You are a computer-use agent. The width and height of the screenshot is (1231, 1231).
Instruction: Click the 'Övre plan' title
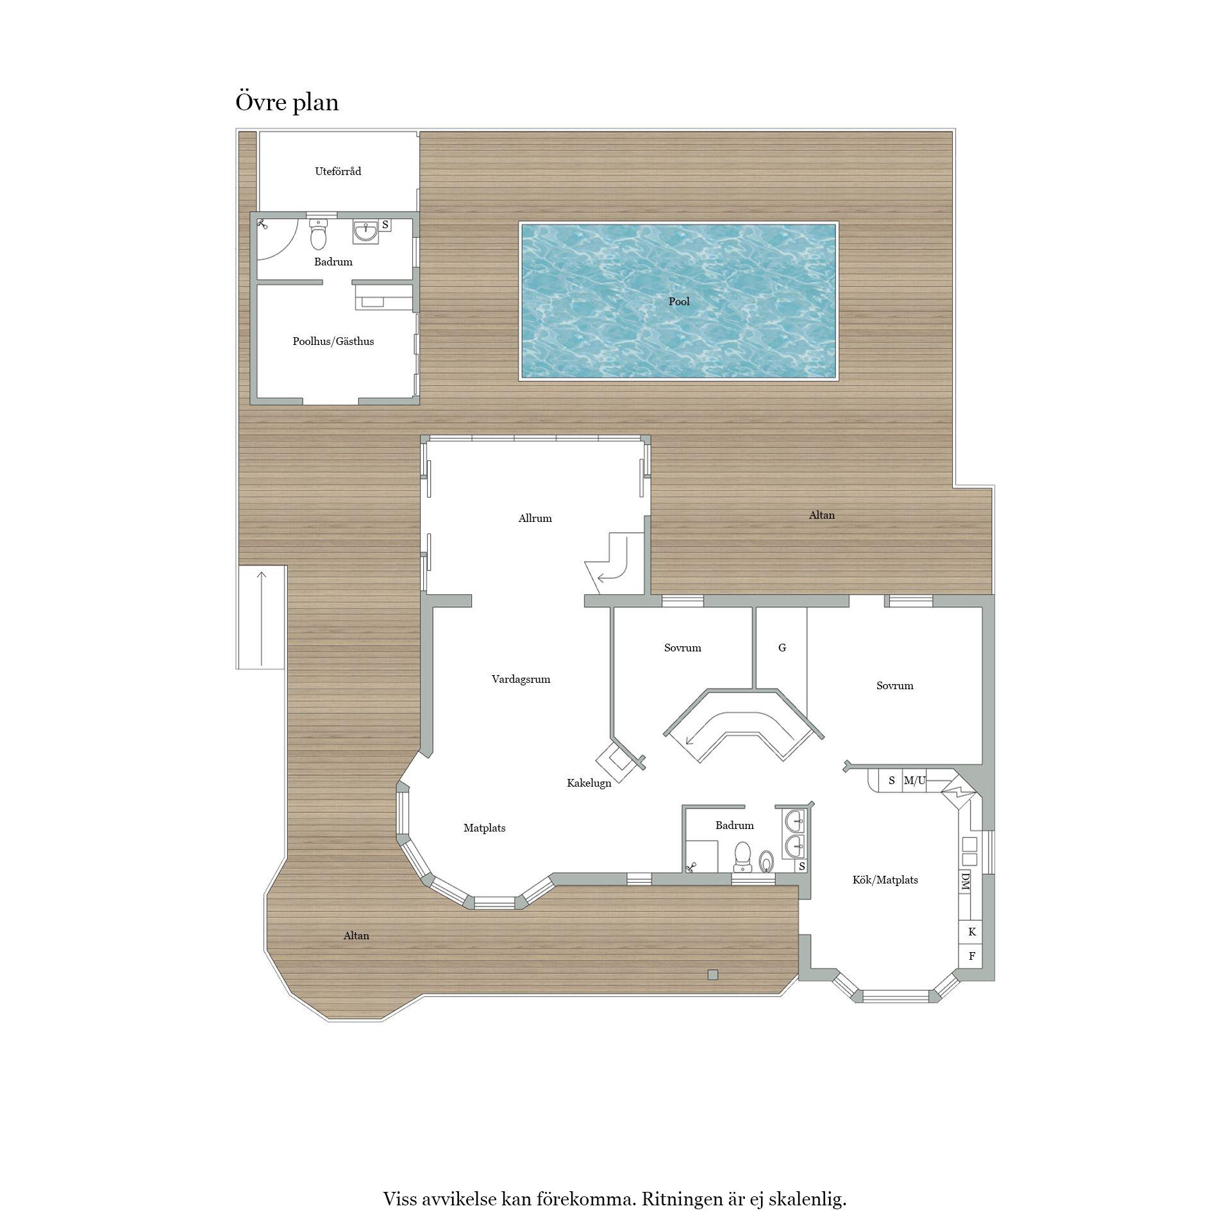click(287, 103)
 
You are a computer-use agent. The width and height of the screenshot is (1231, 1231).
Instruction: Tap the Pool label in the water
click(679, 301)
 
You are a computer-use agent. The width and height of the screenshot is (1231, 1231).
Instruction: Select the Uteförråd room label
click(338, 171)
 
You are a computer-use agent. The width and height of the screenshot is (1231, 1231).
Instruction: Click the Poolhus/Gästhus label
click(333, 342)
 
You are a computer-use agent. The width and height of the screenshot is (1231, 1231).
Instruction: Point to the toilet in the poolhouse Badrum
click(318, 235)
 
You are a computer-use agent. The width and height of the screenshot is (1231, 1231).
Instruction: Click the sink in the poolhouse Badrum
click(365, 231)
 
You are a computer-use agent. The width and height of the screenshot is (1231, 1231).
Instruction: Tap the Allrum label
click(535, 518)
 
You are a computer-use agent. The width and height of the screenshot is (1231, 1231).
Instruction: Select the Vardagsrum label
click(521, 679)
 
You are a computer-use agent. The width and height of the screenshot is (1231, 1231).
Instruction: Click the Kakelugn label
click(589, 783)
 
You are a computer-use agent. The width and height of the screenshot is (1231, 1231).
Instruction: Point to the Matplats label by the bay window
click(485, 828)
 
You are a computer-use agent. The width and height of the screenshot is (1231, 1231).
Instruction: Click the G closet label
click(782, 648)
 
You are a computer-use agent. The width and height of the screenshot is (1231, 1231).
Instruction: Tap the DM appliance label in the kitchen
click(965, 882)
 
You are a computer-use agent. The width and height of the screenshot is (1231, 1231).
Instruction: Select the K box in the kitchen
click(972, 932)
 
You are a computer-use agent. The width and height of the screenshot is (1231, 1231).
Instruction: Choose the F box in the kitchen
click(972, 956)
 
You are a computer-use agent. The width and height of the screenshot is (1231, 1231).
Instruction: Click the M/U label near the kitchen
click(915, 780)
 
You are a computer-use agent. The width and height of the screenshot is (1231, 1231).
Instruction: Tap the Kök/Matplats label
click(885, 880)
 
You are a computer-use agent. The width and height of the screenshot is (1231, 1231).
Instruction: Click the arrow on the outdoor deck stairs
click(262, 618)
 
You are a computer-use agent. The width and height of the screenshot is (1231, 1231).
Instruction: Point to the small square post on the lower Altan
click(713, 975)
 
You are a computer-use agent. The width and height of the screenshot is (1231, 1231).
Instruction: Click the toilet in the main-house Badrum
click(742, 857)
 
